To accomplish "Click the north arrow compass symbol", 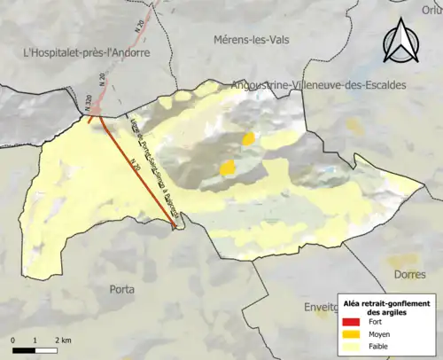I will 400,41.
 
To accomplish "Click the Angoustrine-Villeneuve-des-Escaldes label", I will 317,85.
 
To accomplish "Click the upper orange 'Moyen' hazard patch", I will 249,138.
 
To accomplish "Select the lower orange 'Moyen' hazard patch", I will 228,167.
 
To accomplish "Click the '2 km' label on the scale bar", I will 63,340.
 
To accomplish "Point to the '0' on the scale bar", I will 13,340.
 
